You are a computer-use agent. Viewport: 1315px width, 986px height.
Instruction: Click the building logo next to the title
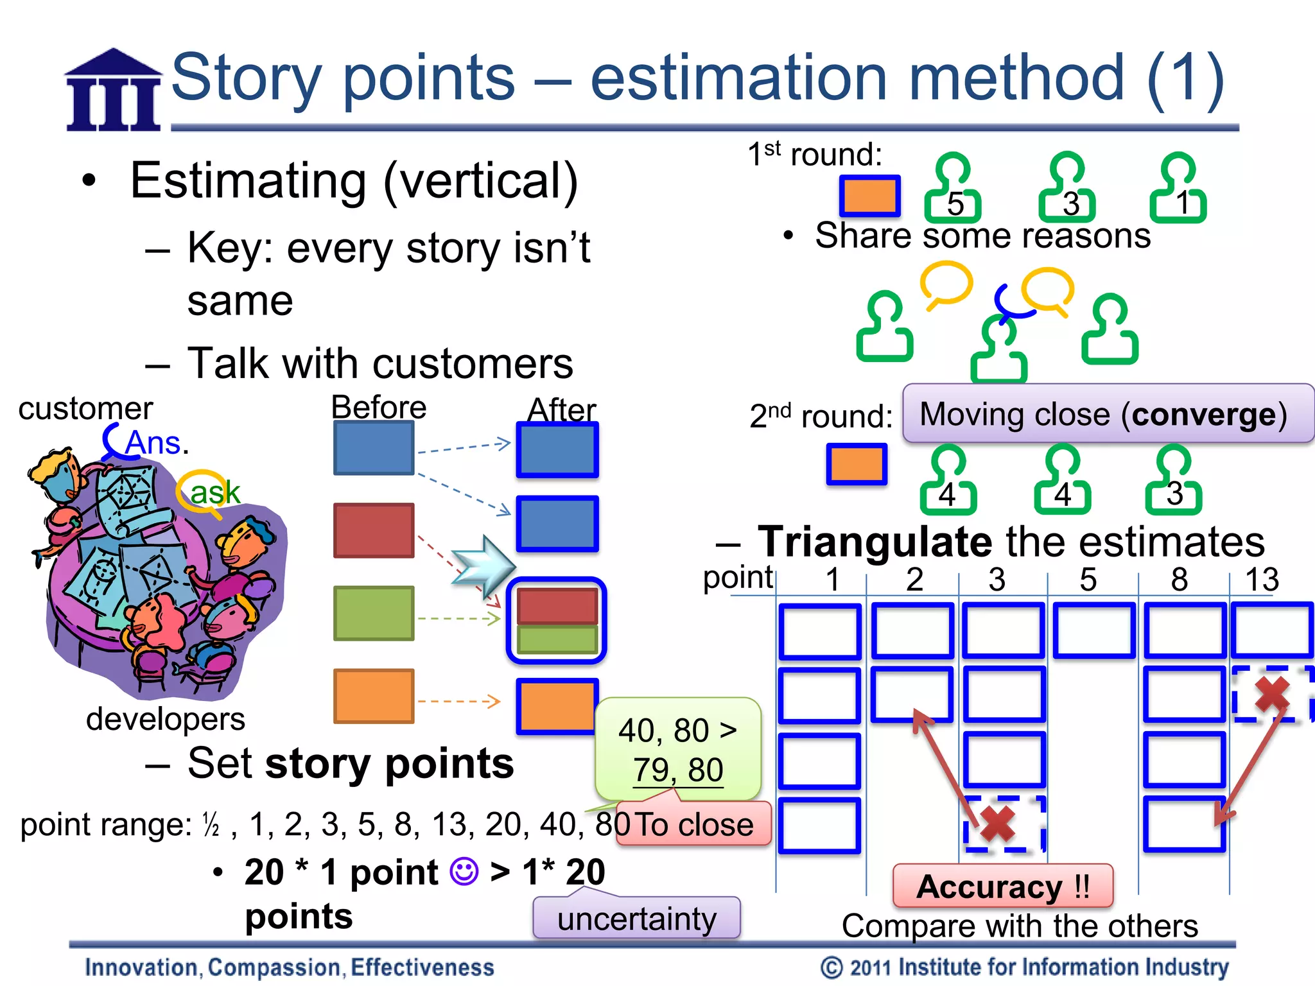(114, 91)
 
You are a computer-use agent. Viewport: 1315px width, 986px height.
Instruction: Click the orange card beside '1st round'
(870, 196)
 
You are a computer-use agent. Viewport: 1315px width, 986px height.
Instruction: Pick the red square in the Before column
(374, 530)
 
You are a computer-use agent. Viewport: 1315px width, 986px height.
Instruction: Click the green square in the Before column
(374, 613)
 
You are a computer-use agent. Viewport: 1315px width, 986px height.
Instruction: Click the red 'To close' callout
(693, 824)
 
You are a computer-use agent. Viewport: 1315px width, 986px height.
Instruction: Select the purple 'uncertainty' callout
(636, 919)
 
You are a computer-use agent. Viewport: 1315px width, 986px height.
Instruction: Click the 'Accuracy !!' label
(1002, 887)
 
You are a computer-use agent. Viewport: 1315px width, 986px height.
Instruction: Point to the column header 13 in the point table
(1262, 579)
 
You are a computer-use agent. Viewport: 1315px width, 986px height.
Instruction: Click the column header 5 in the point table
(1088, 579)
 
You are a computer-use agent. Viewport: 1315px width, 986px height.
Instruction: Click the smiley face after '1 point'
(464, 872)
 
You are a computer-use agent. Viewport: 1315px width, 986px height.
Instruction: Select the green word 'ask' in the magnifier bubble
(214, 492)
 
